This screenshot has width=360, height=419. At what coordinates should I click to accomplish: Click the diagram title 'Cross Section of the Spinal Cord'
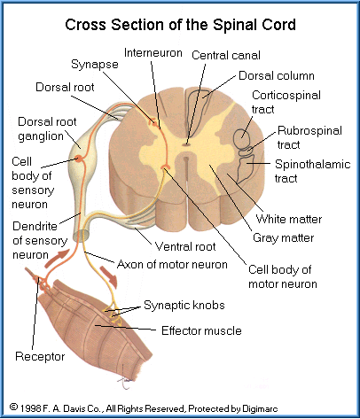180,25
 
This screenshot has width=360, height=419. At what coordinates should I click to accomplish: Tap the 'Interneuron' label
153,53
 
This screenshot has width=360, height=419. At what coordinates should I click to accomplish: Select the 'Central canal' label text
226,55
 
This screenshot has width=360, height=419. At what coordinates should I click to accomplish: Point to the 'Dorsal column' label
277,75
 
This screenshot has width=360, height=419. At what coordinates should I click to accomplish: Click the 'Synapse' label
95,65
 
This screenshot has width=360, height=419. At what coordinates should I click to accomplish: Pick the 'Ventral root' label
185,246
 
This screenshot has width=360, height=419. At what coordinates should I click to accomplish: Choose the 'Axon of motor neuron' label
172,264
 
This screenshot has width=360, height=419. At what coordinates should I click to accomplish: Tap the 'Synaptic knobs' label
184,306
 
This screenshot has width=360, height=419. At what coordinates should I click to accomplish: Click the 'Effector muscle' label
201,330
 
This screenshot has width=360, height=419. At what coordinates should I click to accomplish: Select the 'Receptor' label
40,357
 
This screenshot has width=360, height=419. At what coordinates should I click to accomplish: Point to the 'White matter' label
289,219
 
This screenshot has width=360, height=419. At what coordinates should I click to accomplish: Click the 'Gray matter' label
284,238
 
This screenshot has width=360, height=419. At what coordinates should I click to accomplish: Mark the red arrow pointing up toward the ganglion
58,258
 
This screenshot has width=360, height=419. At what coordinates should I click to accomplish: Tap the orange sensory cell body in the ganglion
79,159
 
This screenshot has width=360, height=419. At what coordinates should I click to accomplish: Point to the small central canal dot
186,144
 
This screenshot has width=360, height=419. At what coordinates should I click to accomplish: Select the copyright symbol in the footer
13,407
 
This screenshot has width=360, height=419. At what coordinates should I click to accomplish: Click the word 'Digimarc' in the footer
260,408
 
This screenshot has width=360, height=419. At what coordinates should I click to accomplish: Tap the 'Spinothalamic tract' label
312,171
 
